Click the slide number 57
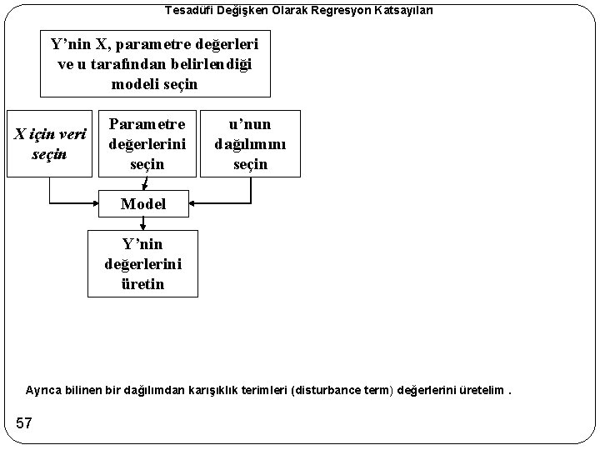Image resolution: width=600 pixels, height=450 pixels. click(23, 423)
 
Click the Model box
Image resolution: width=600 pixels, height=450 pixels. click(143, 203)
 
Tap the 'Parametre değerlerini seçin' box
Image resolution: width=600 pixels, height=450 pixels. click(147, 142)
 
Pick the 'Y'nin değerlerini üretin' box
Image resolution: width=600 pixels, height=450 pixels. click(143, 264)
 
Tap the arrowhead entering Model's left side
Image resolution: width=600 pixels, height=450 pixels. click(94, 203)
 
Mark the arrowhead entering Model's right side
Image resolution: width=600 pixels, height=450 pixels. click(193, 203)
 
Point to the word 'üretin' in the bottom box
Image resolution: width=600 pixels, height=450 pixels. click(143, 284)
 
